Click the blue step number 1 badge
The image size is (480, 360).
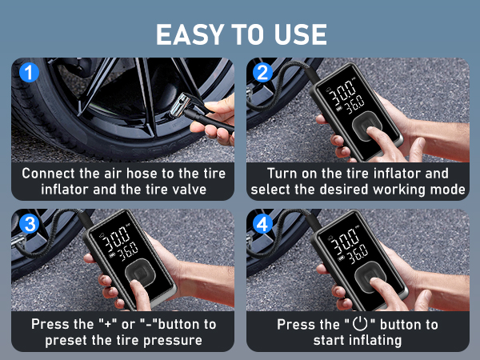coord(28,73)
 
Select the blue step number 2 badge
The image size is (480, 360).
coord(262,73)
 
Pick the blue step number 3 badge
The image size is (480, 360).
coord(28,225)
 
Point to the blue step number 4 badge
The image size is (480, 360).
coord(262,225)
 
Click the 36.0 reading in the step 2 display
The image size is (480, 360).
coord(354,102)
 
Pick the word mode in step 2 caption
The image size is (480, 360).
coord(449,190)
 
